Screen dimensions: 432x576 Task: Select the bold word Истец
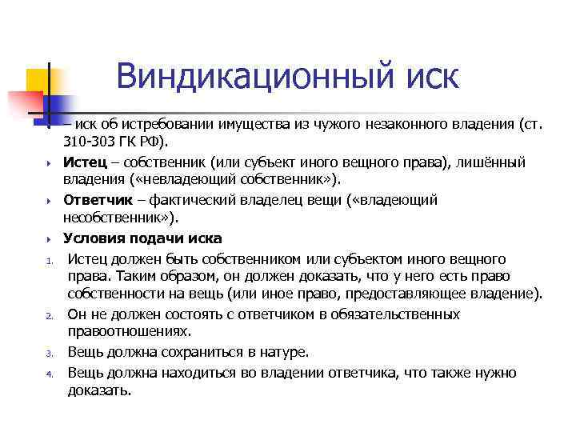(x=86, y=162)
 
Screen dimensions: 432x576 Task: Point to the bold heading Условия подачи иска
(x=142, y=238)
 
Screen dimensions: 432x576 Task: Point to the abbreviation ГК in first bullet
(x=137, y=142)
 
